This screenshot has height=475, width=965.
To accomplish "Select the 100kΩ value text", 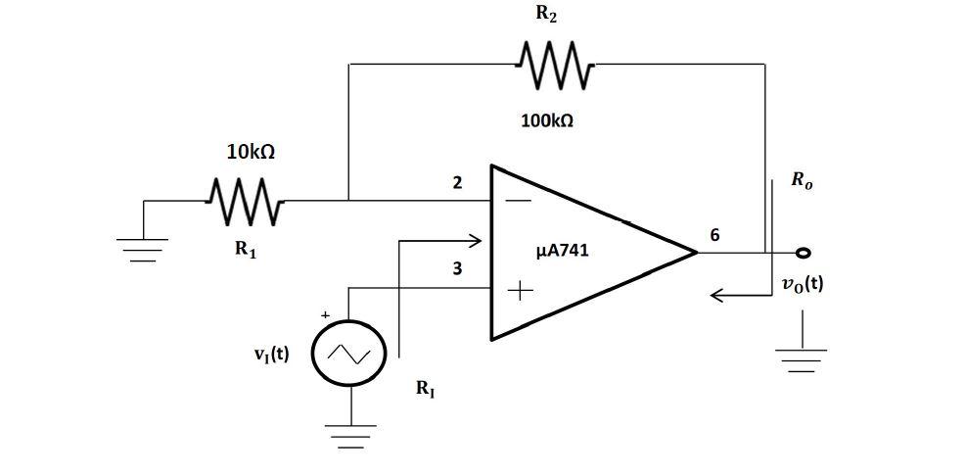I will [547, 121].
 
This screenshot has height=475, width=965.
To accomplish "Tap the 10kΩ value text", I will [251, 153].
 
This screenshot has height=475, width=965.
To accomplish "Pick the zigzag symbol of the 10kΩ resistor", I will [246, 202].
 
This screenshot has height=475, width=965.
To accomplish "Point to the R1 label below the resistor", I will [246, 249].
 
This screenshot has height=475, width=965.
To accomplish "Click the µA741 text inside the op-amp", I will [563, 251].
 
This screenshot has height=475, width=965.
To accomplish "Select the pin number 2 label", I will [457, 182].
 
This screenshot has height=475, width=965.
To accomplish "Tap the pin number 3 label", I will [457, 268].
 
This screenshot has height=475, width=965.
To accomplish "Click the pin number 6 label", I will [714, 235].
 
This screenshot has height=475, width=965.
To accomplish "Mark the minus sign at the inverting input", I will [520, 202].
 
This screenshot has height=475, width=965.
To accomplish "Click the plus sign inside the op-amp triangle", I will [520, 290].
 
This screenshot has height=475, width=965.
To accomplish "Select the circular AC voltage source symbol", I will [349, 354].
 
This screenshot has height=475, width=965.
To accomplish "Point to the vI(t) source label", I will [271, 355].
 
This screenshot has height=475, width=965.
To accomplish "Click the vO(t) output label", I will [802, 284].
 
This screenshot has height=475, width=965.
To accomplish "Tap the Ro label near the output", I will [802, 182].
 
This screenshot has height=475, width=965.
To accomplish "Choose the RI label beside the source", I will [426, 389].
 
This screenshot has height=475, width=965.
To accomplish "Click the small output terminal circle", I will [803, 253].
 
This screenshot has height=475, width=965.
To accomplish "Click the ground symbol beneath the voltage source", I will [349, 433].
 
